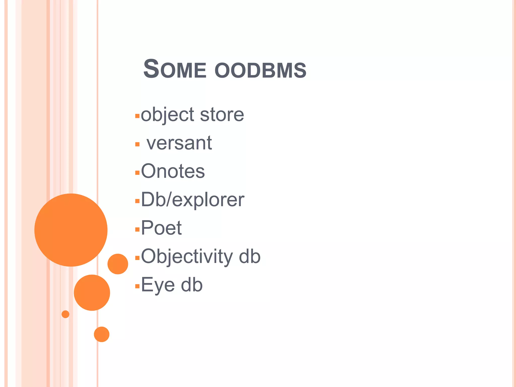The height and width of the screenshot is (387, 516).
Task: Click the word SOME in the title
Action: point(175,70)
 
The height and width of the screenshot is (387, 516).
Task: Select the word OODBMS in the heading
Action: point(261,71)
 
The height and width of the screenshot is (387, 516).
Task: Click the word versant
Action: point(179,143)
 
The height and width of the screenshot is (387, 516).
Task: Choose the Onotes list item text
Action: point(173,171)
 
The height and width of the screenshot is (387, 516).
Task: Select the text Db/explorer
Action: point(192,200)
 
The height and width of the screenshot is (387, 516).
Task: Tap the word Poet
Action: point(161,228)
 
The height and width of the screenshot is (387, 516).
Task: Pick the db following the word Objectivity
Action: point(250,256)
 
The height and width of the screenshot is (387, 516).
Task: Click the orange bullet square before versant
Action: point(137,144)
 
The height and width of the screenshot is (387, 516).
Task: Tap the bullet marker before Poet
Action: point(137,229)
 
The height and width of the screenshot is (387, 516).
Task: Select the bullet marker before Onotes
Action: point(137,173)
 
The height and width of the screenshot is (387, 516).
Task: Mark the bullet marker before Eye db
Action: point(137,286)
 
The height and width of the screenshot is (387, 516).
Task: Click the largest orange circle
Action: point(71,230)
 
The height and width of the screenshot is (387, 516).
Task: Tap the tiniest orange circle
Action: point(66,314)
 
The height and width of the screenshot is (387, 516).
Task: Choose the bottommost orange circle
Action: point(102,334)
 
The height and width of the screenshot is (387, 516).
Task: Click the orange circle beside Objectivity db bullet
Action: point(118,264)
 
